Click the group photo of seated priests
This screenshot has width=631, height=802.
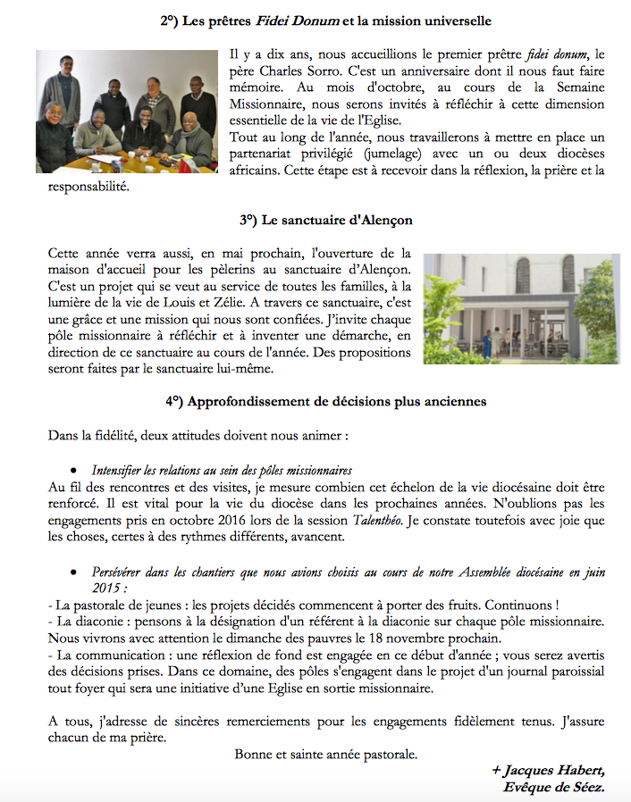click(x=126, y=111)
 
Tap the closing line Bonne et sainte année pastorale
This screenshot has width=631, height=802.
click(x=326, y=754)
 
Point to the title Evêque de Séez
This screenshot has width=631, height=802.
click(x=555, y=787)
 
